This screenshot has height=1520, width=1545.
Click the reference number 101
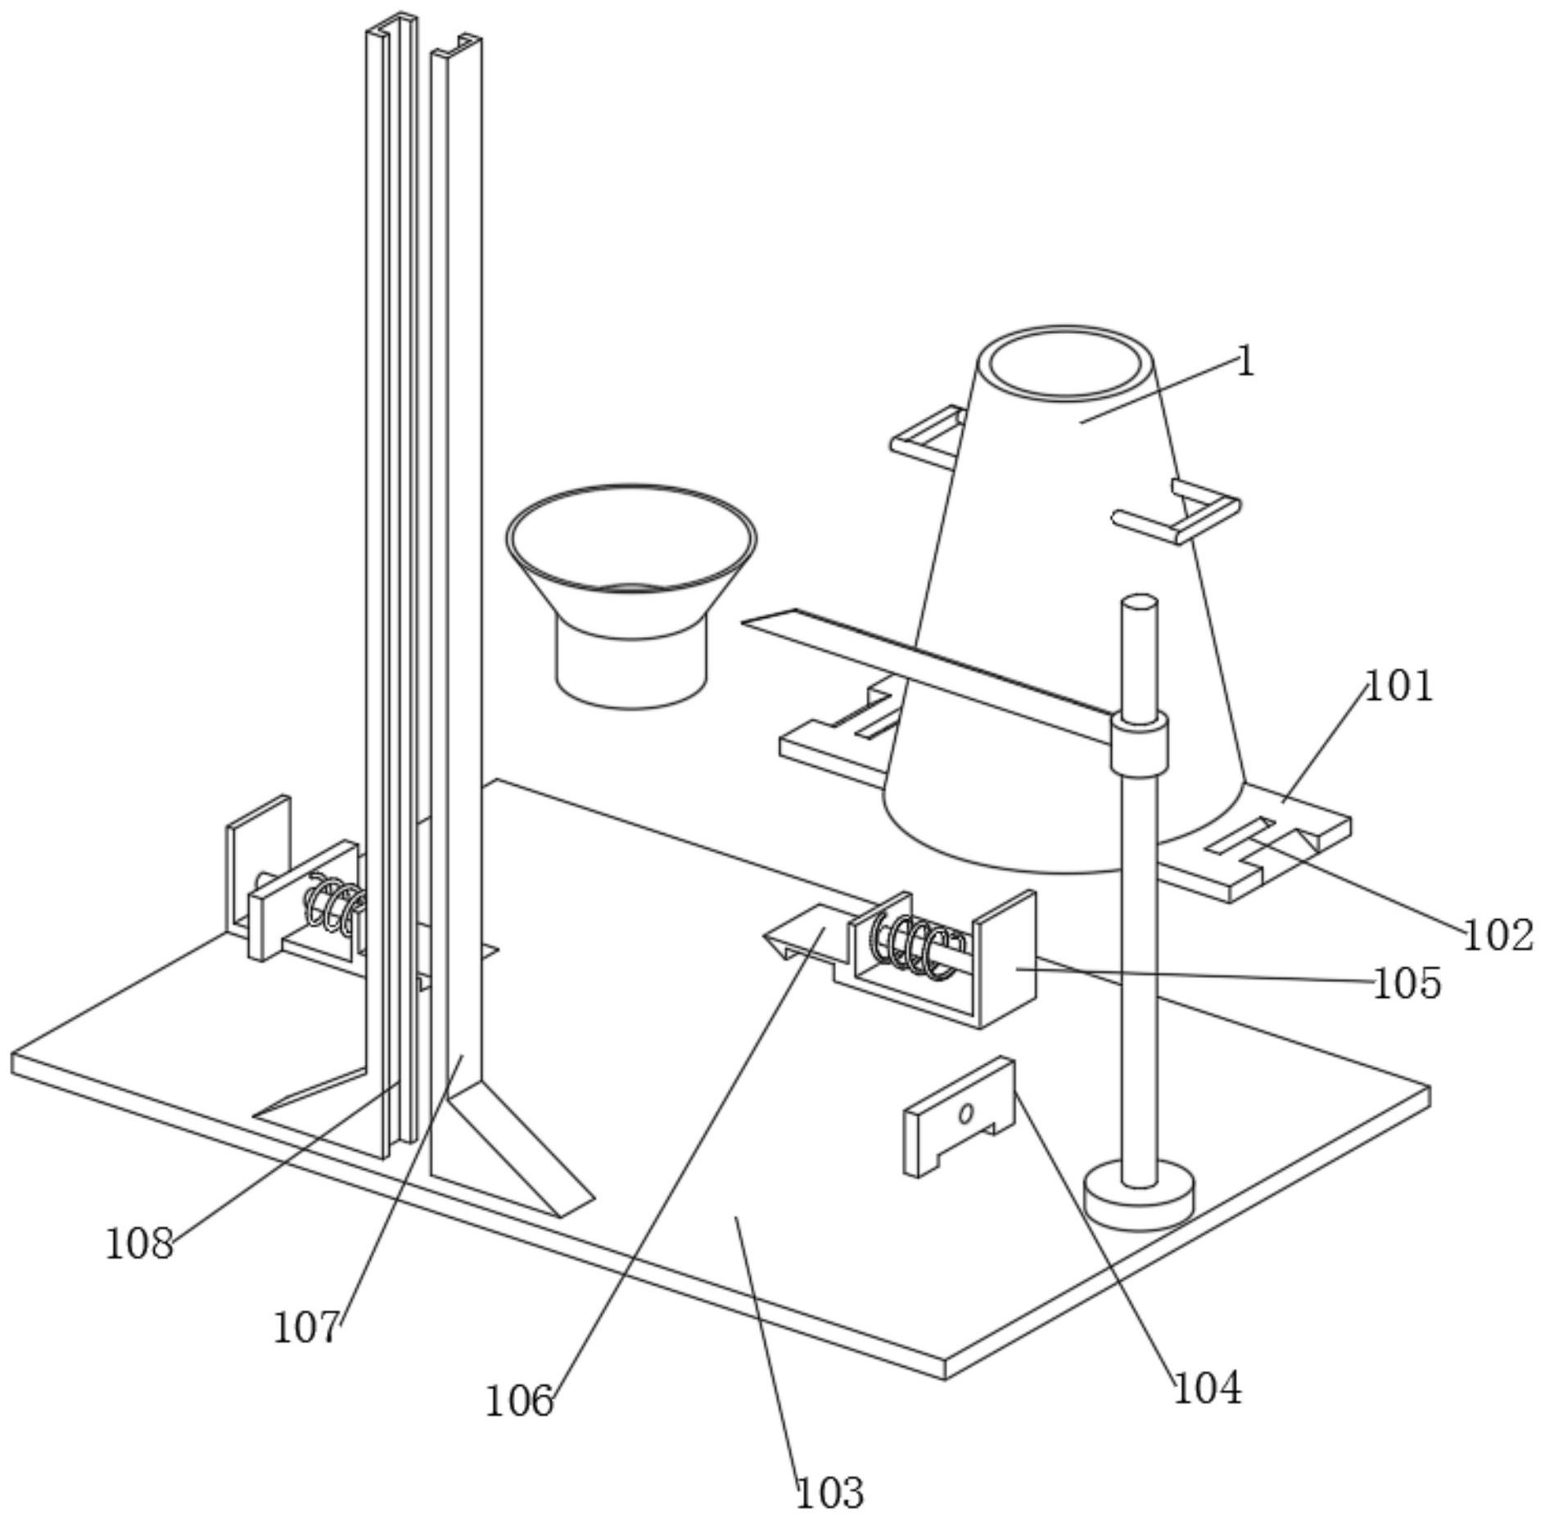click(x=1399, y=686)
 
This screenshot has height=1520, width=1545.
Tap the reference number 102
click(x=1498, y=935)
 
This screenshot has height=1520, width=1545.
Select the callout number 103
click(x=829, y=1493)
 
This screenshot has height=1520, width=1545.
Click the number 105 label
click(x=1407, y=983)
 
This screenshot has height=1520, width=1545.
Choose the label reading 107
click(x=305, y=1328)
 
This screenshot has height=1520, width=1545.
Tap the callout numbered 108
click(x=139, y=1245)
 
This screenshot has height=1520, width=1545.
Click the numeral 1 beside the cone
click(x=1245, y=361)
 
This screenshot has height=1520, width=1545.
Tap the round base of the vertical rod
click(x=1139, y=1199)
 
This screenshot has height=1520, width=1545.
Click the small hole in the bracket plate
click(x=966, y=1113)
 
